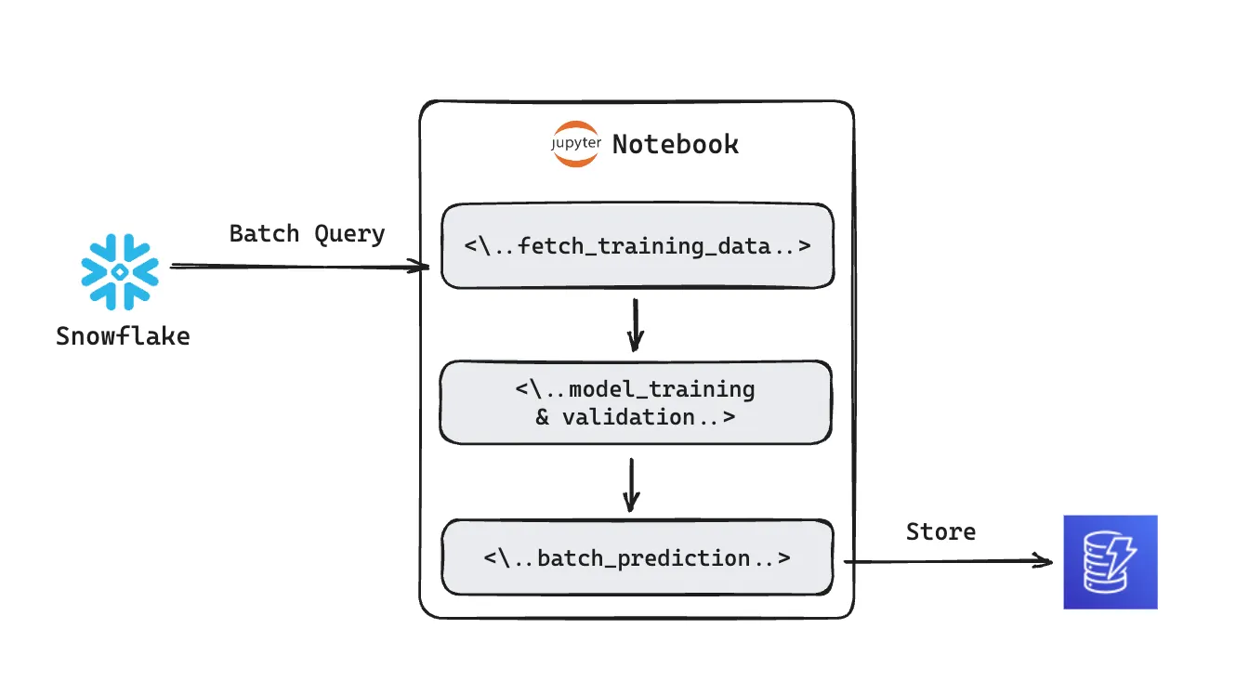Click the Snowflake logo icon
click(x=120, y=271)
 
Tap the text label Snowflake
click(x=123, y=335)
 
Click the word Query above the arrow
click(x=349, y=234)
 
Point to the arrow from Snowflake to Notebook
click(x=297, y=268)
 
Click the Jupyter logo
click(x=575, y=144)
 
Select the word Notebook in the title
click(x=676, y=145)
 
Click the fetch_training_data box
click(x=637, y=247)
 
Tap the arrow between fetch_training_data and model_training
click(x=635, y=324)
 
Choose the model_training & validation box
click(x=636, y=402)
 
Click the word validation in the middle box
click(x=629, y=417)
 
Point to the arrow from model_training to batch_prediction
click(x=631, y=485)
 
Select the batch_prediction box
click(x=637, y=557)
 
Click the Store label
click(x=940, y=532)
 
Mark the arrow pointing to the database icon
click(x=948, y=561)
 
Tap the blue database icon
click(x=1111, y=562)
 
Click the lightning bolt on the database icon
click(x=1122, y=555)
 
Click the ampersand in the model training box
click(x=543, y=417)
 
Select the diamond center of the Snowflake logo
click(x=120, y=271)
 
